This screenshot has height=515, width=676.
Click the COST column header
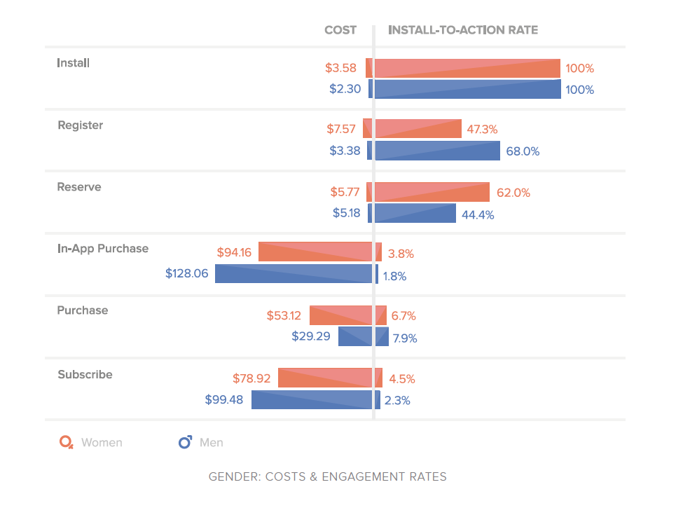[x=340, y=30]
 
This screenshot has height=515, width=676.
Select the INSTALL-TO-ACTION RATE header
[x=463, y=30]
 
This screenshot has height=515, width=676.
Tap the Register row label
[x=80, y=125]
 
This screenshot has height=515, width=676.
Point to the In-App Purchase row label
[x=103, y=249]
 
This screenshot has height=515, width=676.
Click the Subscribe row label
[x=85, y=375]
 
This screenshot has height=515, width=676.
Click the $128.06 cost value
[x=187, y=274]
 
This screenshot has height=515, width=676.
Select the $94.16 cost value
[x=234, y=252]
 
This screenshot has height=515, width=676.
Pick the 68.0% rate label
[x=523, y=151]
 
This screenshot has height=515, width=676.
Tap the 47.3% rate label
[x=482, y=130]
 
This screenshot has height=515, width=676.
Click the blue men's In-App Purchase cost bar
[x=294, y=274]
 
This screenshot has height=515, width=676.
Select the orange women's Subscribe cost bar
[x=325, y=378]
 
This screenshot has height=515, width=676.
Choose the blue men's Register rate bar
[x=437, y=151]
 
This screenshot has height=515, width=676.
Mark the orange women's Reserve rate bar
[x=432, y=192]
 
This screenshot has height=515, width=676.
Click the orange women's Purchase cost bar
[x=340, y=315]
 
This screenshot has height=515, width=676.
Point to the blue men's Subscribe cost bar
[x=312, y=400]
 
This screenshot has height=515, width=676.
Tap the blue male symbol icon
[x=186, y=442]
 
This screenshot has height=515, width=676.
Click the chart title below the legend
[x=328, y=477]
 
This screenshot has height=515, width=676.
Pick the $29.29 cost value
[x=311, y=337]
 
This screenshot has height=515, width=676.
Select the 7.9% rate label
[x=405, y=338]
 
